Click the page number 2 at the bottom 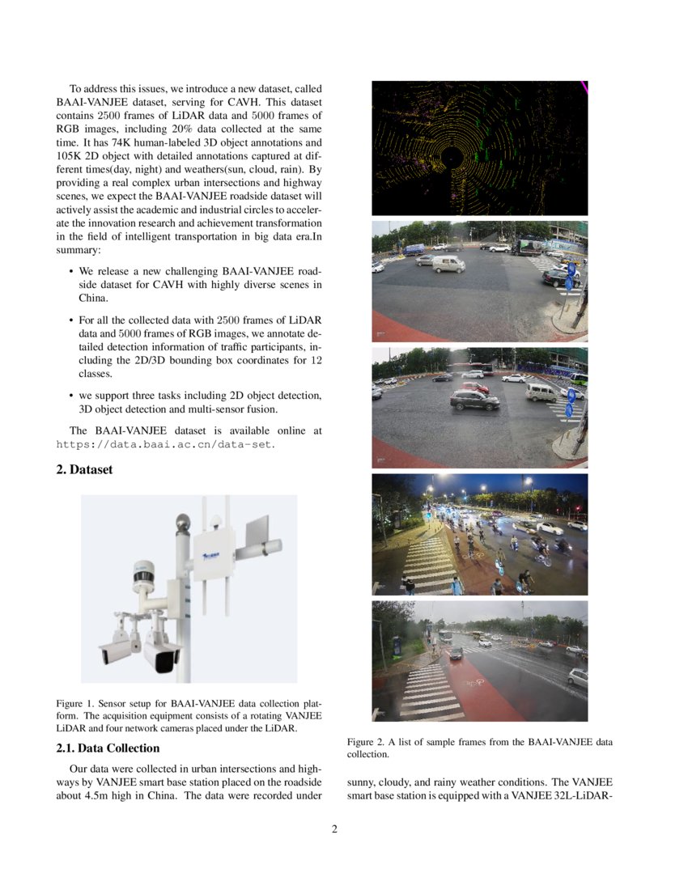point(333,829)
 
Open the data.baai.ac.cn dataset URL point(165,444)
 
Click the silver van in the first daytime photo point(448,264)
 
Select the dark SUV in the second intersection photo point(474,400)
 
